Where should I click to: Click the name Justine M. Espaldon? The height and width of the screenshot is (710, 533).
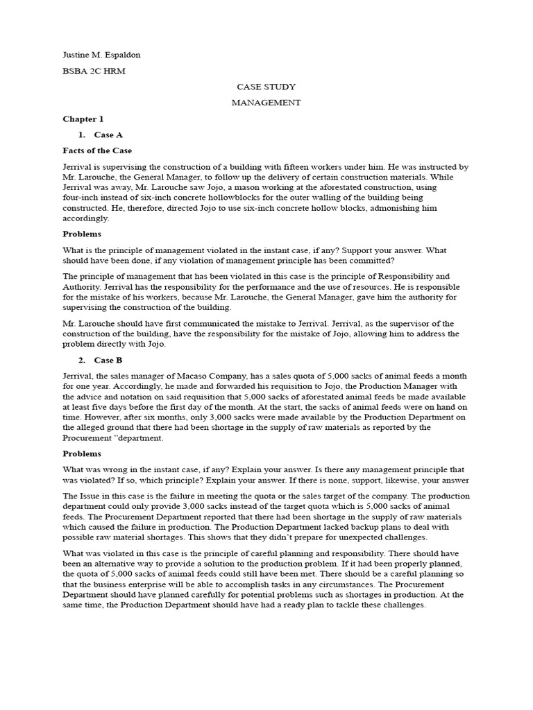click(x=96, y=55)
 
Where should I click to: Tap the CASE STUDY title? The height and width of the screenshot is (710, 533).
click(x=266, y=87)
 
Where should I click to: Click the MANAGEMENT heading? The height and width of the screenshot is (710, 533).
click(x=266, y=103)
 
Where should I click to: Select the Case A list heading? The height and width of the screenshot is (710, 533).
click(x=108, y=135)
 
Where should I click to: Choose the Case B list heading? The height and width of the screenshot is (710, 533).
click(x=108, y=361)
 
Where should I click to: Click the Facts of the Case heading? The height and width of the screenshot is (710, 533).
click(x=97, y=150)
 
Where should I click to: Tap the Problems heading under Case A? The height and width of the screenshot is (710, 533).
click(x=82, y=234)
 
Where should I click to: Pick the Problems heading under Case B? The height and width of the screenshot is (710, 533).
click(x=82, y=454)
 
